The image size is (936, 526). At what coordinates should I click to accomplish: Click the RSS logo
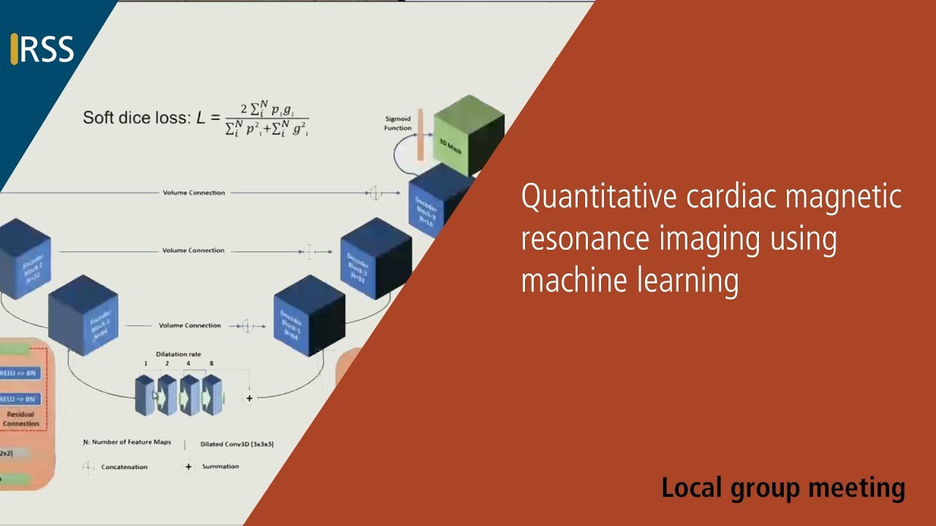point(43,49)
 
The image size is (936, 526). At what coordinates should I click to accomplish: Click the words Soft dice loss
point(135,118)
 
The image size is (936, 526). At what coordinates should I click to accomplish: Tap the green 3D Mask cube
point(469,132)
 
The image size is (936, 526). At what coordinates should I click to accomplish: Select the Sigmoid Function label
point(398,123)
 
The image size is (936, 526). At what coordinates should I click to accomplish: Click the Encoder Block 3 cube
point(83,314)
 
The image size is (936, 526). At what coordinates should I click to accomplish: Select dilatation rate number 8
point(211,364)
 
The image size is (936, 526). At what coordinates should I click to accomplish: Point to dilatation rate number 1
point(146,364)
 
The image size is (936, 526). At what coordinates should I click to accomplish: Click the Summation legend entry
point(220,466)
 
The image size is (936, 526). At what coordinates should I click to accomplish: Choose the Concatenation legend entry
point(124,467)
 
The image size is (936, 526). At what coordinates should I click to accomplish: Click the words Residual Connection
point(20,419)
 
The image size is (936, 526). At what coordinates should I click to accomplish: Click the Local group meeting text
point(783,487)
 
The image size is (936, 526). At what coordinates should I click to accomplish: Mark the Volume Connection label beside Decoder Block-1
point(189,325)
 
